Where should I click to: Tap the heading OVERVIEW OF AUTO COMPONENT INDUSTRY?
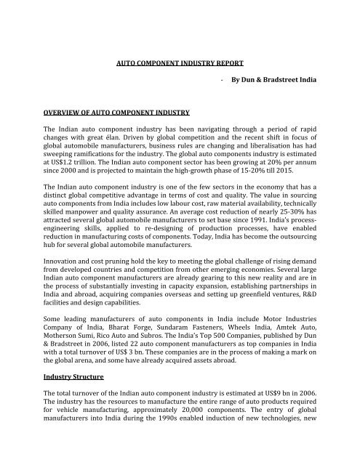click(106, 111)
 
